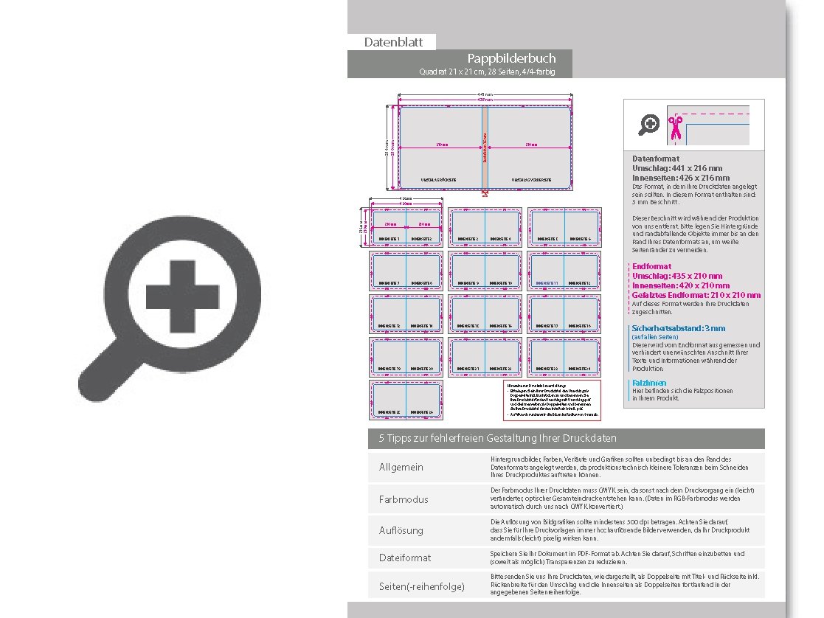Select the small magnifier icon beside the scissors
click(x=648, y=125)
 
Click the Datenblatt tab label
click(x=393, y=42)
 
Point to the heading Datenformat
click(x=656, y=159)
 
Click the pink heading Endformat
click(x=651, y=266)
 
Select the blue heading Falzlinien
click(x=649, y=383)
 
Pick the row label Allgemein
click(x=401, y=468)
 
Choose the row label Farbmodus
click(x=404, y=499)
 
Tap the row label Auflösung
click(x=401, y=530)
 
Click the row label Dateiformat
click(x=405, y=558)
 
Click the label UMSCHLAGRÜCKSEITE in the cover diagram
click(x=438, y=179)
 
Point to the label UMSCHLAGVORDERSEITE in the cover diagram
click(x=532, y=179)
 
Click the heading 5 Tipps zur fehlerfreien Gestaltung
click(x=498, y=438)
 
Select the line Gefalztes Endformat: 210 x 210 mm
click(x=696, y=295)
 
